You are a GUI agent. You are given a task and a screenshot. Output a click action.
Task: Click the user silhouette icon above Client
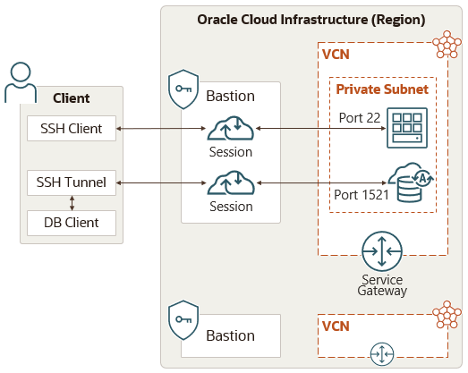coord(21,82)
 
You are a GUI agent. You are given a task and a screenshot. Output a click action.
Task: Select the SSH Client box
coord(72,129)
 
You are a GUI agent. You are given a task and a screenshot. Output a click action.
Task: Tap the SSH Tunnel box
coord(72,182)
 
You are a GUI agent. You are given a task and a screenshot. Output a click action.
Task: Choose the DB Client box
coord(72,223)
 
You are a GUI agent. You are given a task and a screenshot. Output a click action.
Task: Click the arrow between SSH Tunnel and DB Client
coord(72,203)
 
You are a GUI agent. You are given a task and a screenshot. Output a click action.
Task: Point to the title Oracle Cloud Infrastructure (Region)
coord(311,20)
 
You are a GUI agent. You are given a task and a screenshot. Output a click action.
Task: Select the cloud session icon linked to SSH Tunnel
coord(230,184)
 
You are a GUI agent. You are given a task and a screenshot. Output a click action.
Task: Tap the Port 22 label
coord(359,118)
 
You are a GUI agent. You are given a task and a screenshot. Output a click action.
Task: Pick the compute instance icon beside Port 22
coord(406,129)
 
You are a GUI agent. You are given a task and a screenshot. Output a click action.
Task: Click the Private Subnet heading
coord(381,89)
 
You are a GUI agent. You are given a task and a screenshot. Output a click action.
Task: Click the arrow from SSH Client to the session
coord(161,130)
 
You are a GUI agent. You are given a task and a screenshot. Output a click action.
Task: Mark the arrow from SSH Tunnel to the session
coord(161,183)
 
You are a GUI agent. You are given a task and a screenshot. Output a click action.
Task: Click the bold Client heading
coord(72,98)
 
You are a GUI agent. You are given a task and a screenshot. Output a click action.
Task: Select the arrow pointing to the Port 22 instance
coord(318,130)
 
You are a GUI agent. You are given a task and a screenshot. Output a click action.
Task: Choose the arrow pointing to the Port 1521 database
coord(318,183)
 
